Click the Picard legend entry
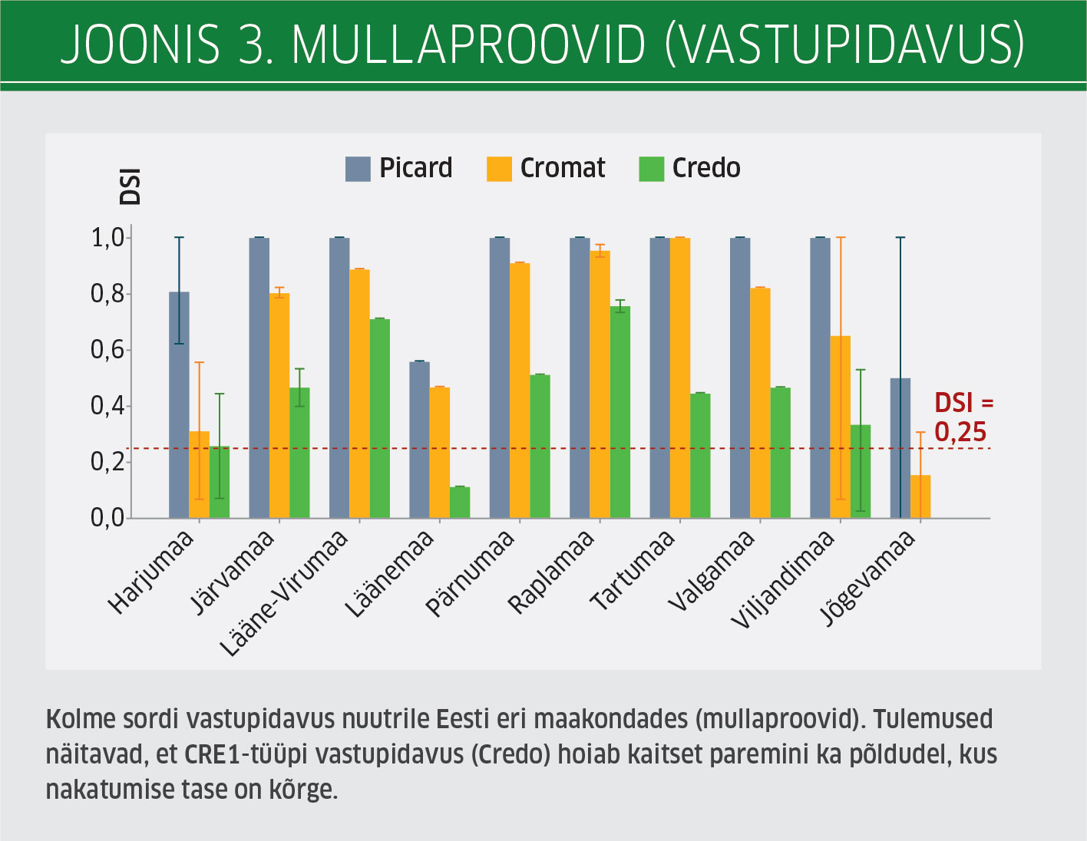(x=399, y=168)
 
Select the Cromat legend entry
(x=546, y=168)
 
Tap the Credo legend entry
(x=690, y=168)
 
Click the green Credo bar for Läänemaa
(x=460, y=503)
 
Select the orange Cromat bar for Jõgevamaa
(x=920, y=497)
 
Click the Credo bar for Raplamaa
(x=620, y=413)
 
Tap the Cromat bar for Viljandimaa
(x=840, y=427)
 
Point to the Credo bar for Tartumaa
(x=700, y=456)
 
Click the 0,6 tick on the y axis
(x=108, y=350)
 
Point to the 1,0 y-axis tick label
(x=108, y=238)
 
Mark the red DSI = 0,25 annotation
(x=963, y=417)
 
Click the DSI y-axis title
(x=131, y=186)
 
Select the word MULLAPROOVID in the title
(x=468, y=45)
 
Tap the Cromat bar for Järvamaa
(x=279, y=405)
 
